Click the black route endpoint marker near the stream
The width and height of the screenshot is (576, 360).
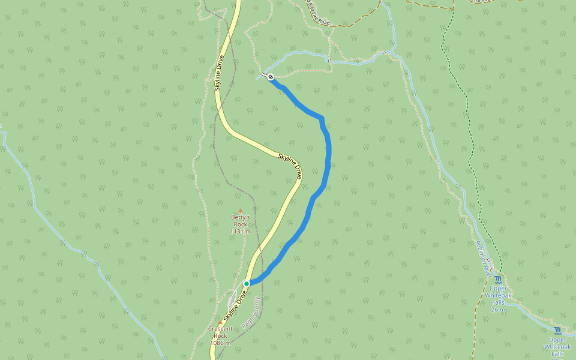pyautogui.click(x=271, y=77)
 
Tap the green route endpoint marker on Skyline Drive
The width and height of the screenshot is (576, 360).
pyautogui.click(x=247, y=283)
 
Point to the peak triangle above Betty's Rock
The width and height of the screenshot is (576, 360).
pyautogui.click(x=241, y=211)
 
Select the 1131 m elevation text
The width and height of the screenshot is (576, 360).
pyautogui.click(x=240, y=232)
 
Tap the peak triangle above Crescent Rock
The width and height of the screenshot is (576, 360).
pyautogui.click(x=220, y=322)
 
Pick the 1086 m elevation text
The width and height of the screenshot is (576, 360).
pyautogui.click(x=220, y=343)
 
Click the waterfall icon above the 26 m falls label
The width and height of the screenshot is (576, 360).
pyautogui.click(x=498, y=280)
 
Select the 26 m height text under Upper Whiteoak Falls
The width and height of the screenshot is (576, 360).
pyautogui.click(x=498, y=310)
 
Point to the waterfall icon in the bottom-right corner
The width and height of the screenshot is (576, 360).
pyautogui.click(x=558, y=331)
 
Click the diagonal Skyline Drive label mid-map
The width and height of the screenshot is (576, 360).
pyautogui.click(x=290, y=165)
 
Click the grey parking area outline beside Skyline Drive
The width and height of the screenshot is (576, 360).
pyautogui.click(x=233, y=298)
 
